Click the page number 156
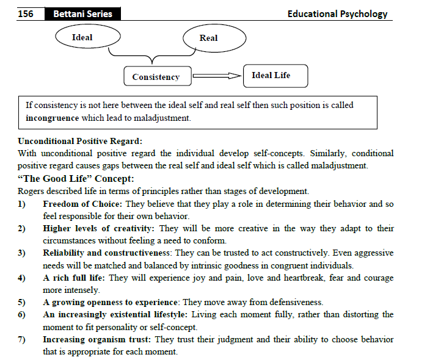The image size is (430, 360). [x=26, y=13]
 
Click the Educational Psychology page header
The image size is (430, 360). [x=337, y=13]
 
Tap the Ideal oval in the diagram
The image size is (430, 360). [x=82, y=37]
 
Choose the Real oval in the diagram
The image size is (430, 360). [x=208, y=38]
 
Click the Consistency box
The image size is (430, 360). [x=156, y=77]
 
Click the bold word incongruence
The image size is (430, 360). [x=53, y=118]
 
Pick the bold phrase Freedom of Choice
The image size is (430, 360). [x=79, y=204]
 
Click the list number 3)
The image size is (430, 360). [x=23, y=253]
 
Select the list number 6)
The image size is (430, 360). [x=23, y=315]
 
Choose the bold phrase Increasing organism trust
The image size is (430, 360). [x=97, y=339]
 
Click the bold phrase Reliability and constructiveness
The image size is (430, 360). [x=107, y=253]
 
